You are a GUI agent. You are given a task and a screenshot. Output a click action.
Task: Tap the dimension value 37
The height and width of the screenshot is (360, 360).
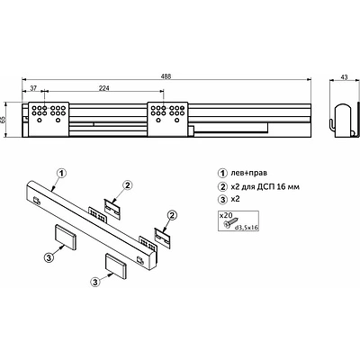[x=33, y=88]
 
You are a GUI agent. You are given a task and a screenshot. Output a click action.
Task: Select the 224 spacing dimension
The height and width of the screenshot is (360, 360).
[x=104, y=88]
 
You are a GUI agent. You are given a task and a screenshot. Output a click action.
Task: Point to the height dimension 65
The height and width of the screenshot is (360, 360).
[x=4, y=120]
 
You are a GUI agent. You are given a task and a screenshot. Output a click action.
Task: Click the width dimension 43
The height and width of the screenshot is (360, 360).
[x=344, y=77]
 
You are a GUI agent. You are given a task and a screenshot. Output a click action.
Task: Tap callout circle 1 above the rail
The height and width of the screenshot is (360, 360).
[x=61, y=173]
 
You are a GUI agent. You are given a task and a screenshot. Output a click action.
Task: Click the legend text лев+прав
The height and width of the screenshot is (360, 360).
[x=249, y=173]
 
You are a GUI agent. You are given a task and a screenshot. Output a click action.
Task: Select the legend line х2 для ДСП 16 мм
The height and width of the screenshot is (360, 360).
[x=265, y=187]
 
